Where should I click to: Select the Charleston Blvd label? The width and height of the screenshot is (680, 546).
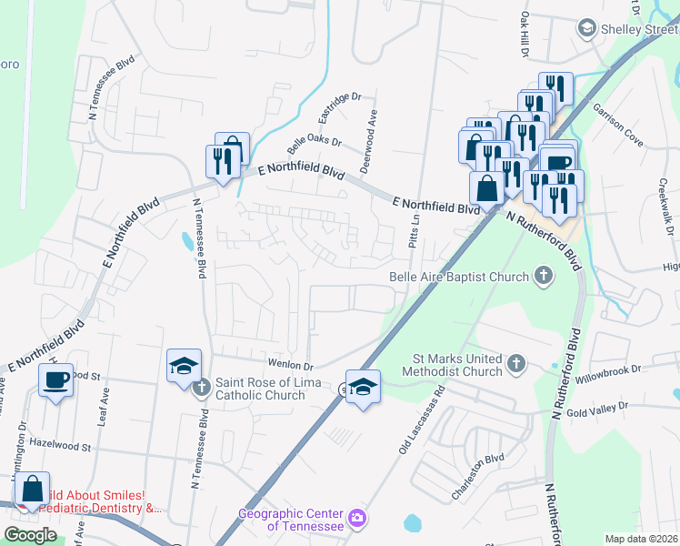(478, 479)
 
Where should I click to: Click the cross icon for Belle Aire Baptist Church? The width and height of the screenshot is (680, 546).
(544, 277)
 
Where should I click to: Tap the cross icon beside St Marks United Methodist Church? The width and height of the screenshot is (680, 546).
(515, 364)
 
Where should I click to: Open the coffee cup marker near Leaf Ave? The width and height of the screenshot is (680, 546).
(55, 379)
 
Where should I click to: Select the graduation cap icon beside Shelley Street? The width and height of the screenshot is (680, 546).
(586, 29)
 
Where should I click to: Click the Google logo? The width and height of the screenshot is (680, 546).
(30, 534)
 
